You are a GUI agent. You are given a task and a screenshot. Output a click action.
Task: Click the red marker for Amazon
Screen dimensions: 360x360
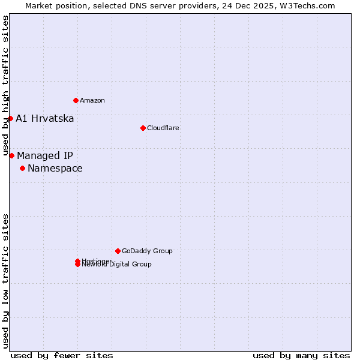(x=76, y=100)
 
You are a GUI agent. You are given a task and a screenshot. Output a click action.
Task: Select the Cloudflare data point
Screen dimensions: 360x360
(x=143, y=128)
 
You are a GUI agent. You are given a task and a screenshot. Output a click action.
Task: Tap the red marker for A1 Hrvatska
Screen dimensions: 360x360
(x=10, y=118)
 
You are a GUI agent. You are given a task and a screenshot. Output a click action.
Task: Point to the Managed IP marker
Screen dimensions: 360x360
(x=11, y=155)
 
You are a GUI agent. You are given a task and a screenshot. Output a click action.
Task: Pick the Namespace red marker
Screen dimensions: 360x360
(x=22, y=168)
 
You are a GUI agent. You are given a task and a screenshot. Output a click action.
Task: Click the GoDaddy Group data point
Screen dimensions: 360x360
(x=118, y=251)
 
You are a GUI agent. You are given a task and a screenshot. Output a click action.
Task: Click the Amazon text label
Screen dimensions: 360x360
(x=92, y=100)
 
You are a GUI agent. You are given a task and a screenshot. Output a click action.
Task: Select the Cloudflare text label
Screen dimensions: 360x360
(x=163, y=128)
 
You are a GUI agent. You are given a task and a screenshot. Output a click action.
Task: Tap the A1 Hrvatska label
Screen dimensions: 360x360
(x=45, y=118)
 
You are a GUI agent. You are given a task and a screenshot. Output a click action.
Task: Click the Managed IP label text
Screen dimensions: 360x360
(x=45, y=155)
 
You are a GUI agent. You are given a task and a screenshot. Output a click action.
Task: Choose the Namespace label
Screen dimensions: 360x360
(x=55, y=168)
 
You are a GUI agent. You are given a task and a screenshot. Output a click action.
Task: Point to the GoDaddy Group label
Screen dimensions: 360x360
(x=147, y=251)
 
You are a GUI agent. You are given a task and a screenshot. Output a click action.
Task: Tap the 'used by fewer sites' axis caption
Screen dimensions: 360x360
(x=62, y=355)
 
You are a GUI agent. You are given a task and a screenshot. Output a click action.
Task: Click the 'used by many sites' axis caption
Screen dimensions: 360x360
(x=301, y=355)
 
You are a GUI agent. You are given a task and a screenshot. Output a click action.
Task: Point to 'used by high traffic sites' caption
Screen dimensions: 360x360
(x=5, y=86)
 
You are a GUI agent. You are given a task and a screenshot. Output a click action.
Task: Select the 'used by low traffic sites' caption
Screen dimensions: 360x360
(x=5, y=280)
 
